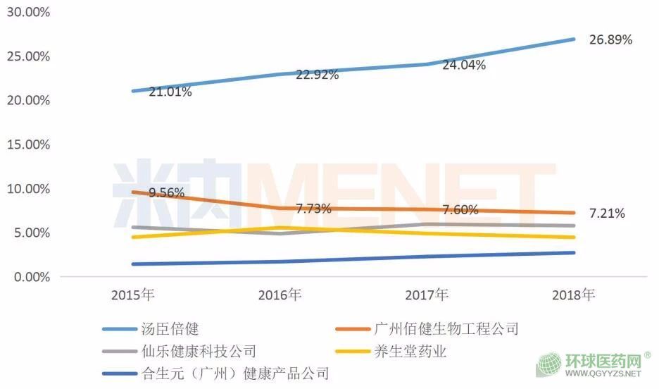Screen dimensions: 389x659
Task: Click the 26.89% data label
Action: [610, 40]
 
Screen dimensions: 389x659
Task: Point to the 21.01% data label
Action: [170, 92]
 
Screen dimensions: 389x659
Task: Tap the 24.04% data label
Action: [464, 66]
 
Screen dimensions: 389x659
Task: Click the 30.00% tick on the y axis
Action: [26, 12]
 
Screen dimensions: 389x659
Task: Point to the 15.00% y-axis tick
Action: [26, 144]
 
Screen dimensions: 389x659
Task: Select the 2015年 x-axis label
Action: [134, 295]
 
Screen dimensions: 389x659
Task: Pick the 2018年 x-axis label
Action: [574, 295]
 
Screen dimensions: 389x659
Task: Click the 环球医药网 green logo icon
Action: [549, 365]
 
